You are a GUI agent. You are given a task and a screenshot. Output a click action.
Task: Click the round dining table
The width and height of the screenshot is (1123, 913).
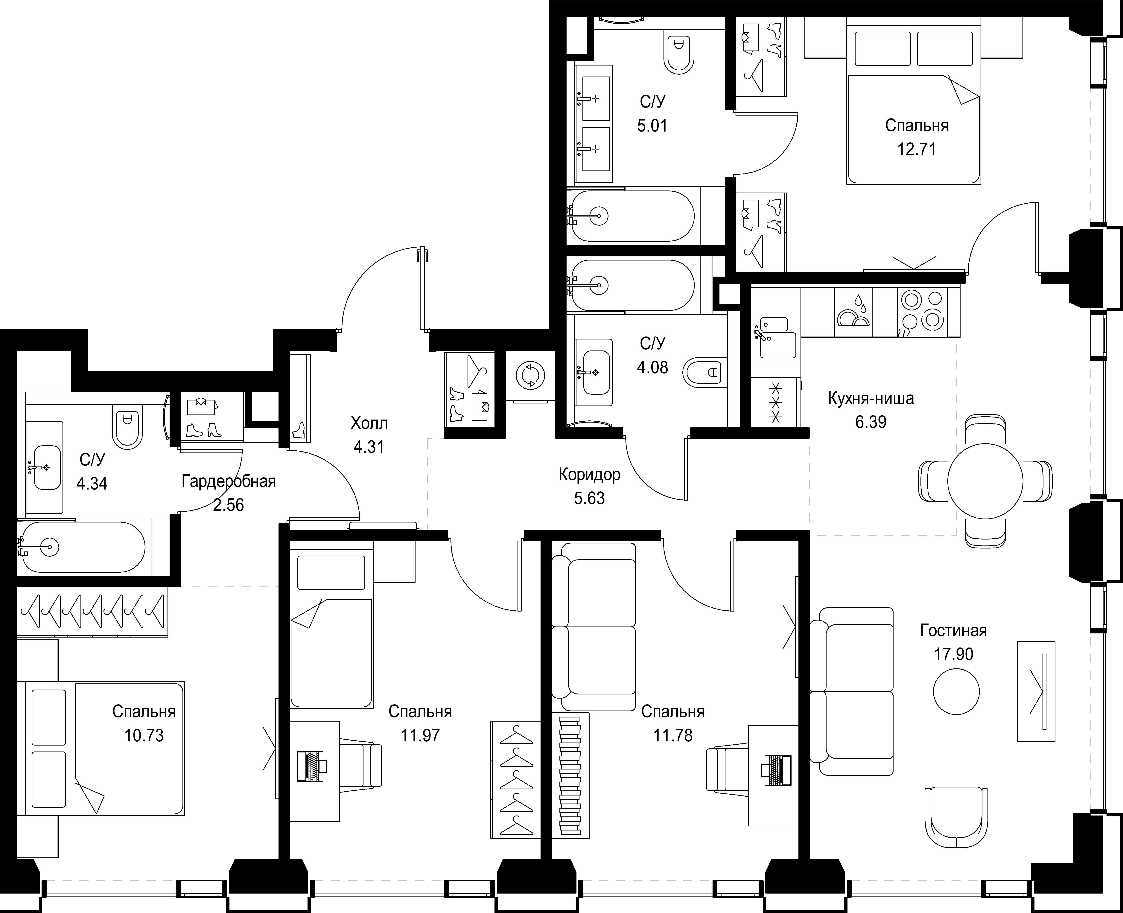click(985, 481)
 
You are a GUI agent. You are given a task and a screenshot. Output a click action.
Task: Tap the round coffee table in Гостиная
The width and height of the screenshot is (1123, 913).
click(956, 692)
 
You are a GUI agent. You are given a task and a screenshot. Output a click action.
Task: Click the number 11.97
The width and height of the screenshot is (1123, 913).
click(420, 735)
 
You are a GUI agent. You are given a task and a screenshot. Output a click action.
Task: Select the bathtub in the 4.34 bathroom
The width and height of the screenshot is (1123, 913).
click(82, 547)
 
